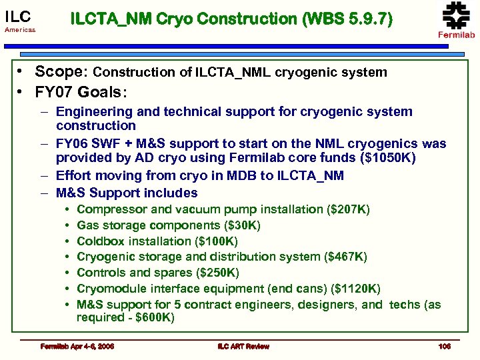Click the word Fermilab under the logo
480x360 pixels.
[x=456, y=35]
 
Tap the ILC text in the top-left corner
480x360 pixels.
[x=17, y=17]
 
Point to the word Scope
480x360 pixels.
[x=60, y=72]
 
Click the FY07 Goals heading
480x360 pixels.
[x=80, y=90]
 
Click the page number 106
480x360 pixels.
[x=444, y=346]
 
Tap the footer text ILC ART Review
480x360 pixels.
[x=243, y=346]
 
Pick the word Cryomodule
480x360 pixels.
[x=109, y=289]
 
